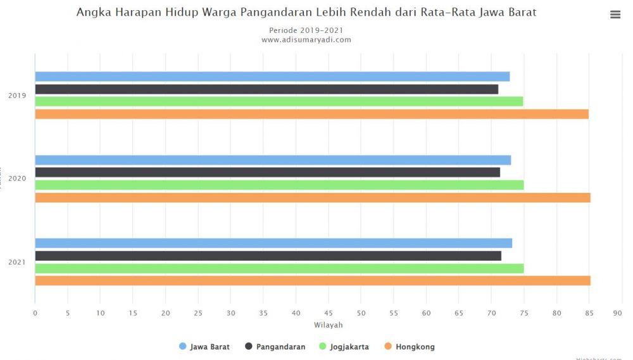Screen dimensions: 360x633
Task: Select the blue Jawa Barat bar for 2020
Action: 273,160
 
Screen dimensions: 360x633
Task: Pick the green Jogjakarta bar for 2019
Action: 279,101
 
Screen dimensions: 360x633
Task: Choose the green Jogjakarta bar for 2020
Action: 279,185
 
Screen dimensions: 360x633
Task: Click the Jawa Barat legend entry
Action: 204,347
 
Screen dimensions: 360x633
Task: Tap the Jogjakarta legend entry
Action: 344,347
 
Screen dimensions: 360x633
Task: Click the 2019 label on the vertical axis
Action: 17,96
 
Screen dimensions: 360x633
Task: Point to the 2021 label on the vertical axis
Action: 17,262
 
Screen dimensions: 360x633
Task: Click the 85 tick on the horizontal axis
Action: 589,313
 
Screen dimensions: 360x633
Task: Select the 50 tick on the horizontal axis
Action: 361,313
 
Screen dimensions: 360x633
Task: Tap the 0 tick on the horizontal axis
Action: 35,313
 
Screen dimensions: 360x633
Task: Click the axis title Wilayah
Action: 328,325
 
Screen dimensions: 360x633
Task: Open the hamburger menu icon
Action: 615,15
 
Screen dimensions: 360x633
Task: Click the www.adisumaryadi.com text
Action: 306,40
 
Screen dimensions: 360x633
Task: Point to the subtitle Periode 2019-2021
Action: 306,30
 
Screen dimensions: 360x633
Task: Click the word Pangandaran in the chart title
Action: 266,13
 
